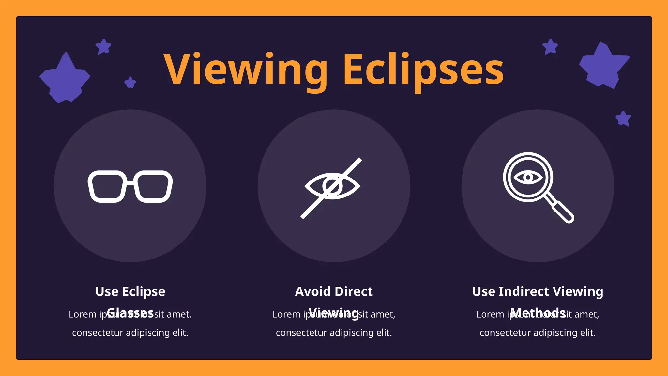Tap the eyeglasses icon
(130, 186)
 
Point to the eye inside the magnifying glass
(528, 177)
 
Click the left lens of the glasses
(107, 186)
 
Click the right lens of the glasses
(153, 186)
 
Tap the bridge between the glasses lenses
(130, 182)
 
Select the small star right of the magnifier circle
(623, 118)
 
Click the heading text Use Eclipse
(130, 291)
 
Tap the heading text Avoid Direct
(334, 291)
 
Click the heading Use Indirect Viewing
(538, 291)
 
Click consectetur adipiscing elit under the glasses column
(130, 333)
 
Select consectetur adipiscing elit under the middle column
(334, 333)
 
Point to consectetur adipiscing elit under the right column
(538, 333)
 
